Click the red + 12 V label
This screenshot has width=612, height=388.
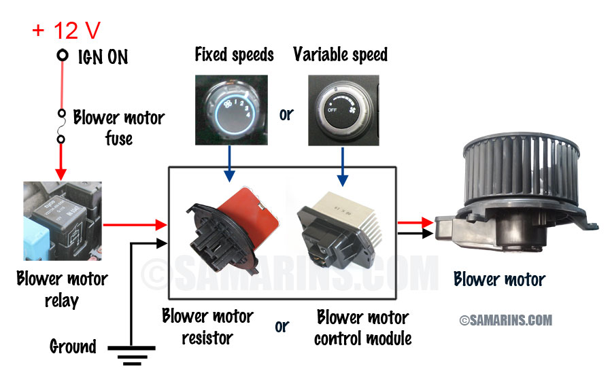67,31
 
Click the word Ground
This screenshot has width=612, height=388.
73,347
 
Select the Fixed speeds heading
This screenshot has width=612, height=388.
234,54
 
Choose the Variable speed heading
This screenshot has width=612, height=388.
340,54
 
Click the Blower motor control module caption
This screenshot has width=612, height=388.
362,328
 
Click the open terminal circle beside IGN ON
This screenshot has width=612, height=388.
63,55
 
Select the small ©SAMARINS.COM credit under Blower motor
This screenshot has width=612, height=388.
505,319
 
